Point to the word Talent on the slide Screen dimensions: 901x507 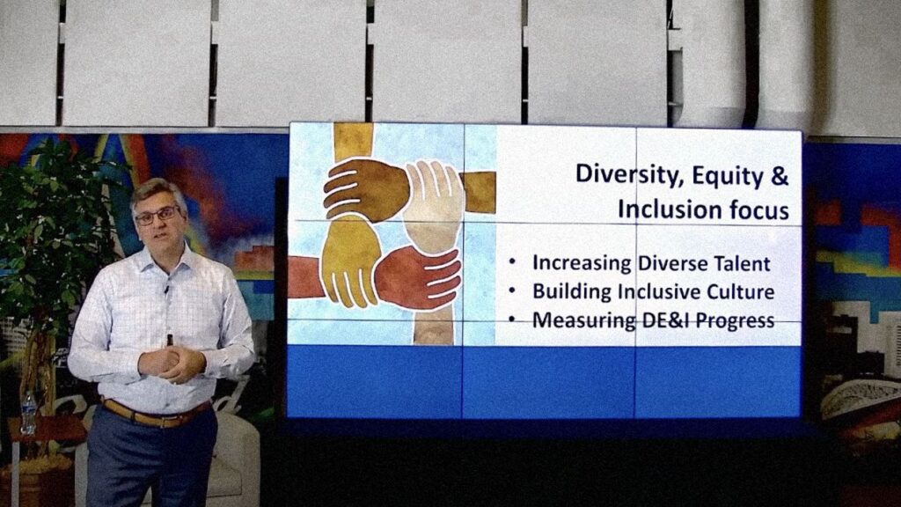[742, 263]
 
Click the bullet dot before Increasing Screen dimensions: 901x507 [513, 263]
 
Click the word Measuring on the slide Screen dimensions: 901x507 [583, 320]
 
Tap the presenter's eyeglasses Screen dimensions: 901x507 [157, 216]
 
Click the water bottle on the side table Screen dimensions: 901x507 [27, 413]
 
